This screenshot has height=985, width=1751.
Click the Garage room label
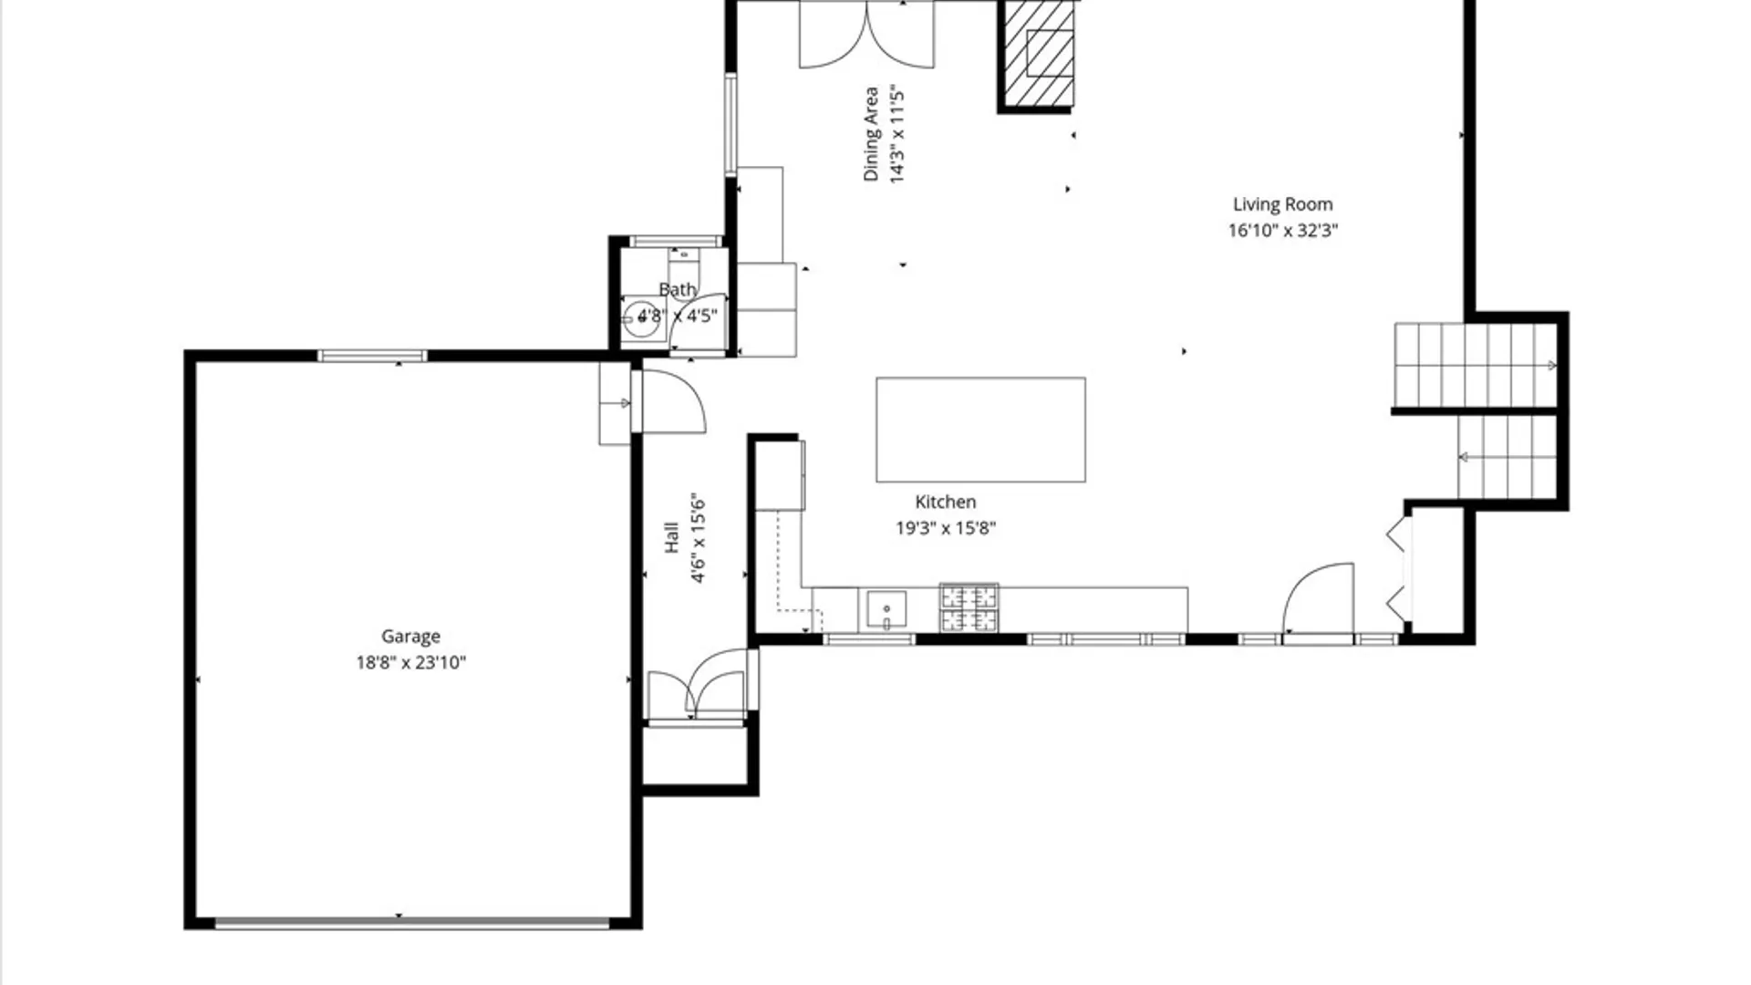pos(410,637)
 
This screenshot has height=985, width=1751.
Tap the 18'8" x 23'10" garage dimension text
pos(410,663)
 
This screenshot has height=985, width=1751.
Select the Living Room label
pos(1282,204)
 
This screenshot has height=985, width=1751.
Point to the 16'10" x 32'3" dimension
pos(1282,231)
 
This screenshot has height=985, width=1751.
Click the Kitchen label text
pos(946,502)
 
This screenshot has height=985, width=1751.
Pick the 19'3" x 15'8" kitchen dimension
pos(946,528)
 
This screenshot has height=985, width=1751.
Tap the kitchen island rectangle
pos(980,430)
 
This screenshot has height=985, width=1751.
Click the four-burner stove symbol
pos(969,608)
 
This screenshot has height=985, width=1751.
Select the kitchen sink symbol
pos(886,611)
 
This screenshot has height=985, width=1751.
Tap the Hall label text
pos(672,537)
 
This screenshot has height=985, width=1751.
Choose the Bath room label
pos(678,290)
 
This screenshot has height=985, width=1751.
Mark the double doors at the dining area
pos(866,34)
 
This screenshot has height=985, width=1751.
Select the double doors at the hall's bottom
pos(698,684)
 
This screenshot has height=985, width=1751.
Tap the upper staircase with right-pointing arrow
pos(1475,365)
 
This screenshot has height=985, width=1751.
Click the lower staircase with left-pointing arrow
pos(1507,457)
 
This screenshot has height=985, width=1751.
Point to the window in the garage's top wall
pos(372,356)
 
